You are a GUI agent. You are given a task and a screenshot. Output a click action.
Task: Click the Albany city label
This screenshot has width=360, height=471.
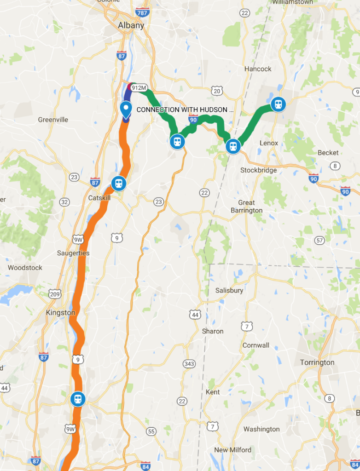(x=131, y=26)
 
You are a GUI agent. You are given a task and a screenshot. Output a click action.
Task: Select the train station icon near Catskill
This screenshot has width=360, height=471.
(x=118, y=184)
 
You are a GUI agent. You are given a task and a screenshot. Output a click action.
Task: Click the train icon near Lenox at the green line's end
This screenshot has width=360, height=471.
(x=278, y=104)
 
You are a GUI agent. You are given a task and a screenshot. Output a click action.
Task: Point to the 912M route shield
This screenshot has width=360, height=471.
(x=139, y=87)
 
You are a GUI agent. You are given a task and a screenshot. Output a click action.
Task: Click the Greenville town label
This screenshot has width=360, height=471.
(x=53, y=120)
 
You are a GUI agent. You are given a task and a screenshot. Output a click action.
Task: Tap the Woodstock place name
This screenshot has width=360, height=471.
(x=25, y=268)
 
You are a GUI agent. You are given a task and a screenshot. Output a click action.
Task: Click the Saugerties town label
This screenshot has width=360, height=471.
(x=73, y=253)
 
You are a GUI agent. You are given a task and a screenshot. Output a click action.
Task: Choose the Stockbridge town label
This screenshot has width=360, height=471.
(x=259, y=170)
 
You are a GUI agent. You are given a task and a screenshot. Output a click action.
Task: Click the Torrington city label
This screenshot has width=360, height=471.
(x=317, y=362)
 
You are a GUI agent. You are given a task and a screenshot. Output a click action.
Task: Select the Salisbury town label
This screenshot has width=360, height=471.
(x=229, y=291)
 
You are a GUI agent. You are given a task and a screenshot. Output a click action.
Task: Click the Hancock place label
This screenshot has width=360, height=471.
(x=258, y=69)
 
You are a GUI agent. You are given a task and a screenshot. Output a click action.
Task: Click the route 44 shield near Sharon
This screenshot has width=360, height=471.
(x=194, y=315)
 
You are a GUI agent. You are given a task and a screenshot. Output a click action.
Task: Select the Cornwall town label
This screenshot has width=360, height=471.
(x=255, y=345)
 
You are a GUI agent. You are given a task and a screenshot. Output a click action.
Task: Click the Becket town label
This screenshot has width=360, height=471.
(x=328, y=153)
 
